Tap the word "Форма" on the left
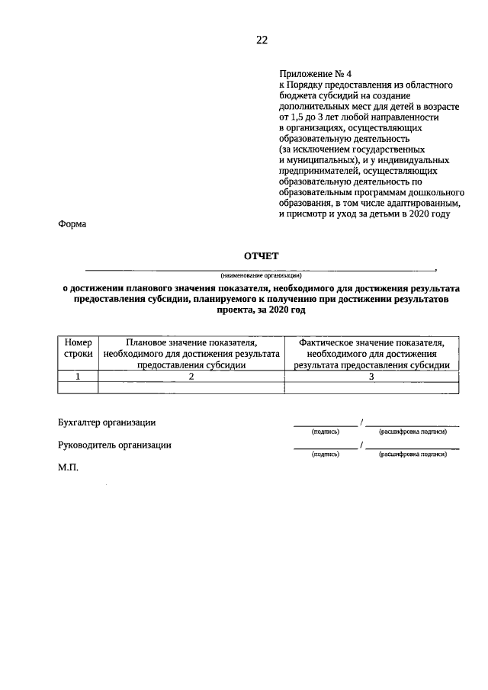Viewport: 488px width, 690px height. pyautogui.click(x=72, y=224)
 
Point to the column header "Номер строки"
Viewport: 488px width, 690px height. pyautogui.click(x=78, y=348)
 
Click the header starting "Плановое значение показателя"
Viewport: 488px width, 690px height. pyautogui.click(x=191, y=354)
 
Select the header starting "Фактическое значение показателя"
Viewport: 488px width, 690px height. pyautogui.click(x=371, y=354)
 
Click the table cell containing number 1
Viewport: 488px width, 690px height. pyautogui.click(x=78, y=376)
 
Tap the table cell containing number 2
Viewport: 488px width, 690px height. pyautogui.click(x=191, y=376)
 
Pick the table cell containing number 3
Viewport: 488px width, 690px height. pyautogui.click(x=371, y=376)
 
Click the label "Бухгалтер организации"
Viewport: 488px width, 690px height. pyautogui.click(x=107, y=422)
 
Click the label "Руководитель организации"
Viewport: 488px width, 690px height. pyautogui.click(x=114, y=445)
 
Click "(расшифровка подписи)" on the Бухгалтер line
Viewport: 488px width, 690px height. pyautogui.click(x=412, y=432)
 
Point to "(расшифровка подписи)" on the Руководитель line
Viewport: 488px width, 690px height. pyautogui.click(x=412, y=454)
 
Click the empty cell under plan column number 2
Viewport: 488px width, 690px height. pyautogui.click(x=191, y=387)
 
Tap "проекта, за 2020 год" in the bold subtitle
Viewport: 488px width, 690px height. pyautogui.click(x=262, y=311)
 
